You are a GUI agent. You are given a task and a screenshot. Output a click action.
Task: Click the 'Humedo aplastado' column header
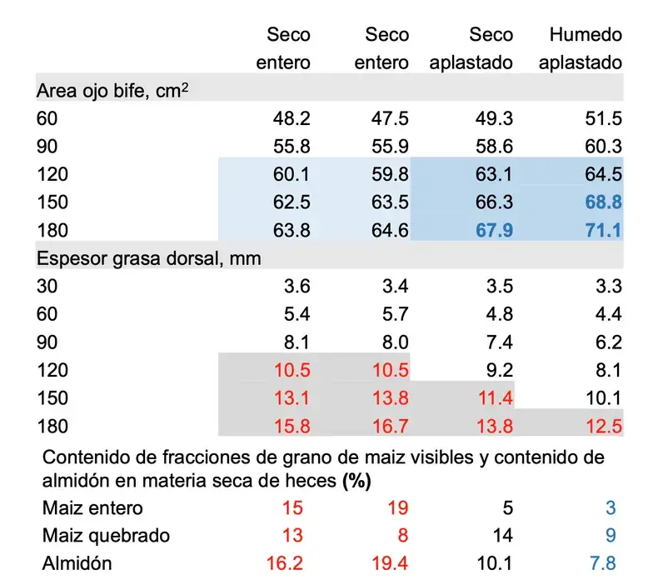pyautogui.click(x=586, y=48)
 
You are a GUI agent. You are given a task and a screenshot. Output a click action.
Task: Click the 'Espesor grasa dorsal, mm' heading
pyautogui.click(x=149, y=258)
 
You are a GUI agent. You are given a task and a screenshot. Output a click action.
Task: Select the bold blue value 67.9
pyautogui.click(x=493, y=230)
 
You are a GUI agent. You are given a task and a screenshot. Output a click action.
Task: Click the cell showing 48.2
pyautogui.click(x=292, y=118)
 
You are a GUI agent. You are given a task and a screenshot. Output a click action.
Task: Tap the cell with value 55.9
pyautogui.click(x=389, y=147)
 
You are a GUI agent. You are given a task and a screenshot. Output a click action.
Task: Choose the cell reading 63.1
pyautogui.click(x=495, y=174)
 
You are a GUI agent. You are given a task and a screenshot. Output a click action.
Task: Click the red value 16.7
pyautogui.click(x=389, y=427)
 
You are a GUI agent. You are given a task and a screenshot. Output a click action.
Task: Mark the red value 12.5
pyautogui.click(x=603, y=427)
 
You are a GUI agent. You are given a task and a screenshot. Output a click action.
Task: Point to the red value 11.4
pyautogui.click(x=495, y=398)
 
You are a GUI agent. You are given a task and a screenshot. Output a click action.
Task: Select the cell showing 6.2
pyautogui.click(x=609, y=342)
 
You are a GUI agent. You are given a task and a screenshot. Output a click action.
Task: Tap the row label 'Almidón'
pyautogui.click(x=77, y=564)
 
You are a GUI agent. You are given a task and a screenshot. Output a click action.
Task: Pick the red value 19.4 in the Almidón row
pyautogui.click(x=389, y=564)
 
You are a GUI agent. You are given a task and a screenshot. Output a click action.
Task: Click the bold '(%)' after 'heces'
pyautogui.click(x=356, y=482)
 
